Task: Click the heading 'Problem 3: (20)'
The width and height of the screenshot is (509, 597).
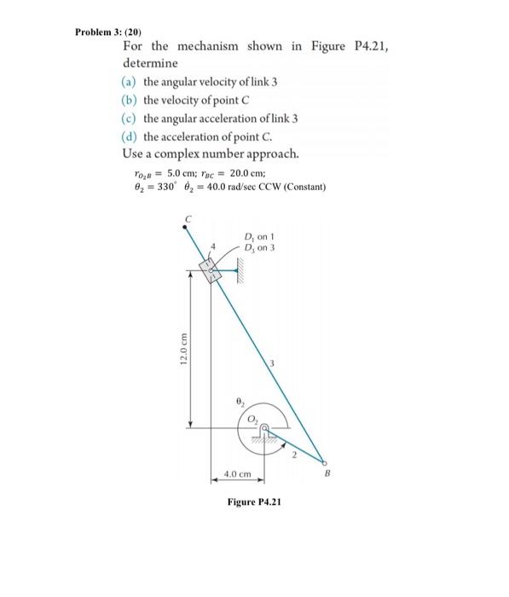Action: (x=107, y=30)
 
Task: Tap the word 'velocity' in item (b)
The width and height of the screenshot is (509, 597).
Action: (x=184, y=101)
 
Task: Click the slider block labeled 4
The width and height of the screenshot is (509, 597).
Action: (x=210, y=272)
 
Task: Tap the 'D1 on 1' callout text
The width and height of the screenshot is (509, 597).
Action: (x=258, y=237)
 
